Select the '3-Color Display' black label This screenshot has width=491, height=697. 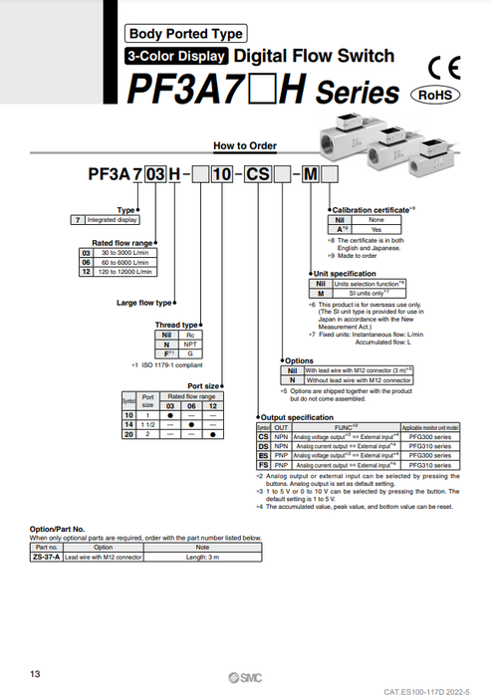[x=176, y=57]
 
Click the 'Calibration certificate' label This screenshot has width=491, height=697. [x=373, y=210]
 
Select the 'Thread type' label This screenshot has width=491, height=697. [x=177, y=325]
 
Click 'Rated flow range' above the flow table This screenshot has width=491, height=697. [x=123, y=242]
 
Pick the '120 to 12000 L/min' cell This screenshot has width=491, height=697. [x=123, y=271]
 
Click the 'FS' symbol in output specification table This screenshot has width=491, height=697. [x=263, y=463]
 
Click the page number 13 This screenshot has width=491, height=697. [x=36, y=674]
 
